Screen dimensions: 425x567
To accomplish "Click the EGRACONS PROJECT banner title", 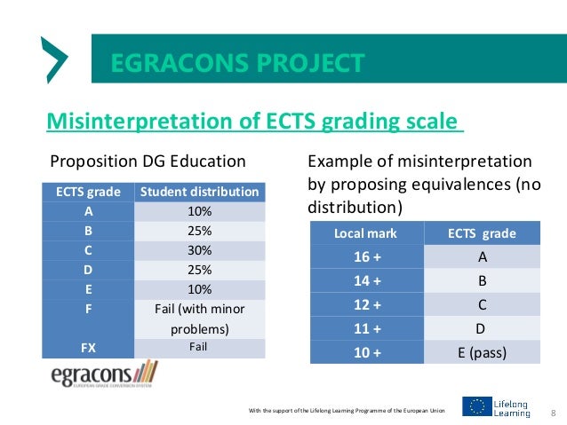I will pyautogui.click(x=237, y=63).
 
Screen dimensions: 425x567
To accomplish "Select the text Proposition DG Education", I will pyautogui.click(x=148, y=161).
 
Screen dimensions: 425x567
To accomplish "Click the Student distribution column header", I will pyautogui.click(x=199, y=192).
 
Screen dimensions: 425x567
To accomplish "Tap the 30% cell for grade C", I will pyautogui.click(x=199, y=250).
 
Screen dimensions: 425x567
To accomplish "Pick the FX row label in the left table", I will pyautogui.click(x=88, y=347).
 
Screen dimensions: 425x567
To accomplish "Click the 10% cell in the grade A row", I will pyautogui.click(x=199, y=211).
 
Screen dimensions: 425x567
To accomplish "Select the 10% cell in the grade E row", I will pyautogui.click(x=199, y=289).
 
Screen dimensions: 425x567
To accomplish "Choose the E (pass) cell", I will pyautogui.click(x=481, y=352).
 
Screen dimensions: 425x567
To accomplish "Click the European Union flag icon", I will pyautogui.click(x=477, y=407).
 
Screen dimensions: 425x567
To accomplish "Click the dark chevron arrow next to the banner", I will pyautogui.click(x=55, y=60).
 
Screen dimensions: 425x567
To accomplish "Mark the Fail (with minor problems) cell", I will pyautogui.click(x=199, y=319).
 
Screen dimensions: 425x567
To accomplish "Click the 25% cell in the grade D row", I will pyautogui.click(x=199, y=270).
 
